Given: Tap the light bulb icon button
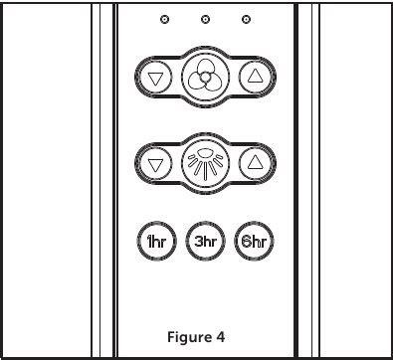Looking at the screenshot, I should [x=204, y=161].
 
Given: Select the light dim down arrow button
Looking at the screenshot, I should [x=153, y=161].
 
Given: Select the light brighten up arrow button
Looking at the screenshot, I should [x=255, y=161].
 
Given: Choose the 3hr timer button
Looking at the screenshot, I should [x=204, y=240].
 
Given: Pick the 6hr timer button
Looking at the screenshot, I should [x=255, y=240].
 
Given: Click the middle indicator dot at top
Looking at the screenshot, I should [x=205, y=20].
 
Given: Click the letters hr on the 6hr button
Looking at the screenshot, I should [x=261, y=240].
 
